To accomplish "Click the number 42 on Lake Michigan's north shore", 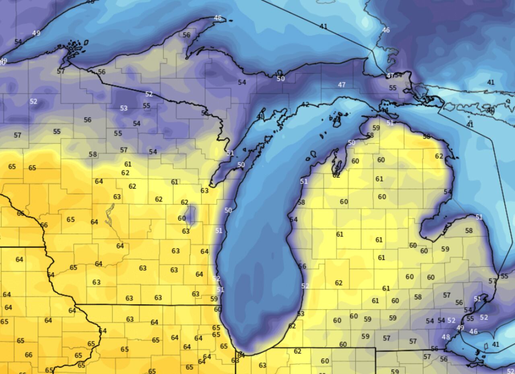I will [x=305, y=105].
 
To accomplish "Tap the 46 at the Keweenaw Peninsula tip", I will [x=218, y=18].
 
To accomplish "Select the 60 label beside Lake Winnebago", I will [x=182, y=218].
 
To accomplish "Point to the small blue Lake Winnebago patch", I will [x=191, y=214].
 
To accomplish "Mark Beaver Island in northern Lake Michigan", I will [x=336, y=120].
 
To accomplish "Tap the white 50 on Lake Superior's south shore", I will [x=280, y=79].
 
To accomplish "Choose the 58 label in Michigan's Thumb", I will [x=469, y=231].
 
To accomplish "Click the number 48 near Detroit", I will [x=446, y=337].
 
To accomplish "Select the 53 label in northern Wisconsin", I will [x=124, y=108].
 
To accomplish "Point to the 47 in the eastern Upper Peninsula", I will [x=342, y=85].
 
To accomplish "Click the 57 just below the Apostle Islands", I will [x=61, y=71].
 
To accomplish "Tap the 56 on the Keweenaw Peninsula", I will [x=186, y=35].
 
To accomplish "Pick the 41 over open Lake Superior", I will [x=323, y=26].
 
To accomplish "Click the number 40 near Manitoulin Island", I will [x=490, y=110].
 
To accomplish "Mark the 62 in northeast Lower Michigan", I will [x=439, y=156].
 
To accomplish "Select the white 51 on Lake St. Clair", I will [x=477, y=299].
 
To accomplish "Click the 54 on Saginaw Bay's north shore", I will [x=448, y=192].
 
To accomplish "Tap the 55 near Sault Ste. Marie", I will [x=393, y=87].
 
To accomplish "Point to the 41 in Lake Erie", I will [x=496, y=344].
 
